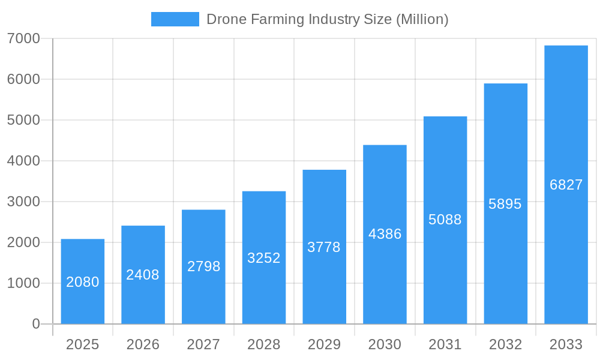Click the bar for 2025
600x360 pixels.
coord(83,281)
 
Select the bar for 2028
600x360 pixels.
coord(264,257)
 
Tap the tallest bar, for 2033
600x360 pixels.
coord(566,185)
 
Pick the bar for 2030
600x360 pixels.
coord(385,234)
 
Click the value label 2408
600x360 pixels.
coord(143,275)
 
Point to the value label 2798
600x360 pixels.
coord(203,266)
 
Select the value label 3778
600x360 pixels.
coord(324,247)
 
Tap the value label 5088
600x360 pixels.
coord(445,220)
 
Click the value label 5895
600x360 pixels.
coord(505,204)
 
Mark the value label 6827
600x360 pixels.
coord(566,185)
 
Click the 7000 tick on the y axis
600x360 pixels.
coord(23,38)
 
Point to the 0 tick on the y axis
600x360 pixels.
coord(35,324)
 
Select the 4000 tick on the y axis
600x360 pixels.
coord(23,161)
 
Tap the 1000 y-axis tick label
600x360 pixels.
coord(23,283)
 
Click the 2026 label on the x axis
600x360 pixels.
coord(143,344)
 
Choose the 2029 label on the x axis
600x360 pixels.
coord(324,344)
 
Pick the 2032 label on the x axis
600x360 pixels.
coord(505,344)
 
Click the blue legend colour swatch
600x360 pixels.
coord(175,19)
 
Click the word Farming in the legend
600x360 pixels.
coord(275,19)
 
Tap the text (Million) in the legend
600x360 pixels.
coord(422,19)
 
